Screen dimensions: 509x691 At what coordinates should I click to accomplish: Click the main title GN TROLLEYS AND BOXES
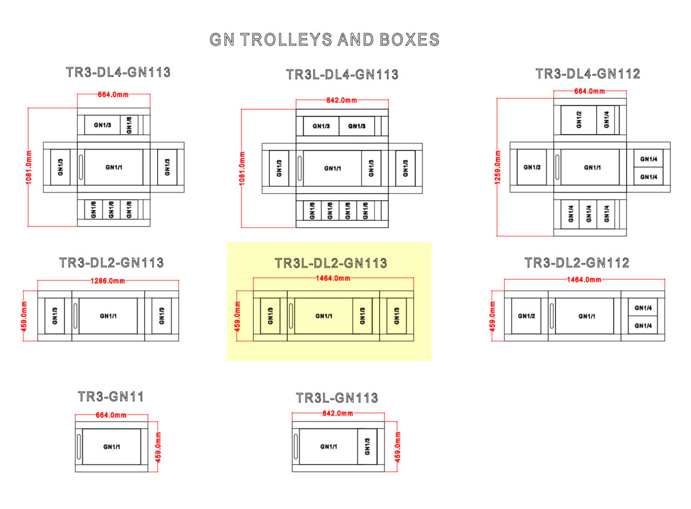click(324, 40)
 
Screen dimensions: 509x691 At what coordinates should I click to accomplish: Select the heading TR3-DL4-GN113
click(118, 72)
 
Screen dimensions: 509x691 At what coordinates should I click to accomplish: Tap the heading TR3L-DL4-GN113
click(342, 74)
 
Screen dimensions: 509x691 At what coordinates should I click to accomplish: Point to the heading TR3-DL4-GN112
click(587, 74)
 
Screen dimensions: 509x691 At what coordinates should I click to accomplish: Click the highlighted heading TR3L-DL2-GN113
click(331, 263)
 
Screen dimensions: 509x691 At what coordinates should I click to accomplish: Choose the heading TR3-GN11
click(111, 397)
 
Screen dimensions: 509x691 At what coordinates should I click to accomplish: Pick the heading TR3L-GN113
click(337, 398)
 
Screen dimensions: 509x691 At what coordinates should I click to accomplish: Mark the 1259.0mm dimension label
click(497, 167)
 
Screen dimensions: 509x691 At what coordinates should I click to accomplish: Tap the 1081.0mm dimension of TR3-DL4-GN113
click(29, 167)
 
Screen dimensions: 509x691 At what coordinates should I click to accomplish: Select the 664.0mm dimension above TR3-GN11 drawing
click(111, 415)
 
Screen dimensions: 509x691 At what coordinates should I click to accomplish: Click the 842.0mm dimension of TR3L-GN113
click(337, 413)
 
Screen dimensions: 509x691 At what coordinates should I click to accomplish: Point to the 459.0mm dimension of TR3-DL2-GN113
click(23, 316)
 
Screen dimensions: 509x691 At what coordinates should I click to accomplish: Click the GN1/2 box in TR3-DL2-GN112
click(526, 316)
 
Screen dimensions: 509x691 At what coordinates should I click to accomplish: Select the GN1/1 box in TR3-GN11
click(112, 446)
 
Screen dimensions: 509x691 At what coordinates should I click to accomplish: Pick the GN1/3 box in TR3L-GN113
click(368, 446)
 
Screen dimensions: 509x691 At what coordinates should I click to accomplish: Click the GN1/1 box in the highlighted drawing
click(323, 316)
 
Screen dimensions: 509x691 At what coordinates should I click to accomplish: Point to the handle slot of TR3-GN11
click(79, 446)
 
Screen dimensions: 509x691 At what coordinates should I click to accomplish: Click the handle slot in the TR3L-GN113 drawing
click(295, 446)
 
